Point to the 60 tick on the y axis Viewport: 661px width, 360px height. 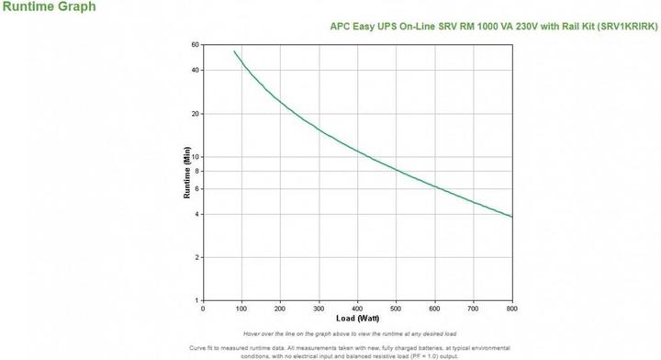195,44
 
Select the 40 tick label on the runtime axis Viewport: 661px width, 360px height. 195,70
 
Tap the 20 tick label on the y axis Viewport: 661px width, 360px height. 195,114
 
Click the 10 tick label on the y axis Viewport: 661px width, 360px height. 195,157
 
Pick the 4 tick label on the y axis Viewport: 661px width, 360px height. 196,214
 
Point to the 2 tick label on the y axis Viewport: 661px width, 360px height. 196,257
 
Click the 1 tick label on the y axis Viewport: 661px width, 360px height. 196,300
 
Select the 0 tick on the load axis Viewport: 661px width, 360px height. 203,309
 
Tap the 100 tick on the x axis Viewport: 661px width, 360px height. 241,309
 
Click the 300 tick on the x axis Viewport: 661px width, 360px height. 319,309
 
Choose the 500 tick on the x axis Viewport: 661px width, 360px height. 396,309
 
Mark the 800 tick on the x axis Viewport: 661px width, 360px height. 511,309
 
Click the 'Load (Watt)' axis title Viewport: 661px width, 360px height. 357,318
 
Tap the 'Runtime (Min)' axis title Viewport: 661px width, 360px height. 186,172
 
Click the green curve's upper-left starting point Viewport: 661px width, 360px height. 234,51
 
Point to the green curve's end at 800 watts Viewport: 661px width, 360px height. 511,217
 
